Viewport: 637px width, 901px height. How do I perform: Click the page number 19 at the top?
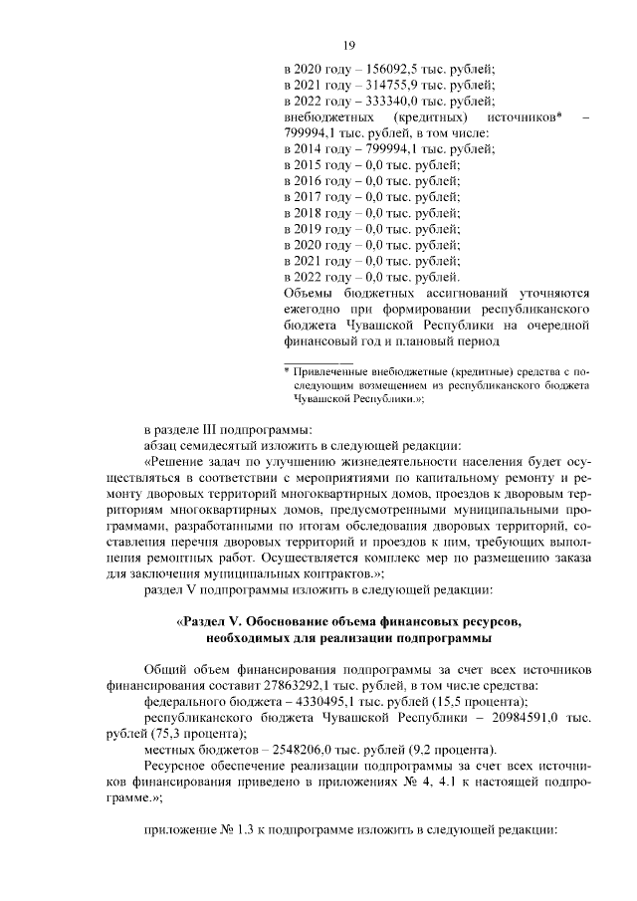(349, 45)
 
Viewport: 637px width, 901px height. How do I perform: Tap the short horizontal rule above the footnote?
(318, 360)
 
